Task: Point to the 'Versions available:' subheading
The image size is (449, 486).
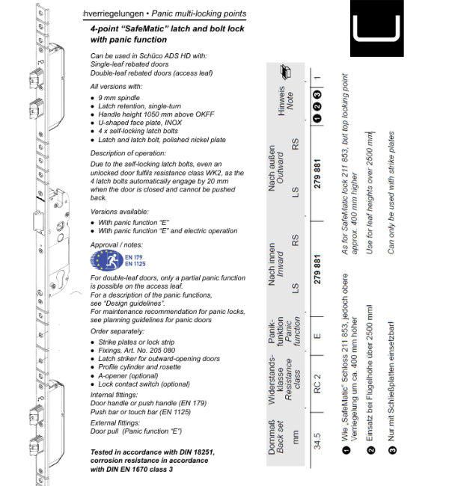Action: pos(119,212)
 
